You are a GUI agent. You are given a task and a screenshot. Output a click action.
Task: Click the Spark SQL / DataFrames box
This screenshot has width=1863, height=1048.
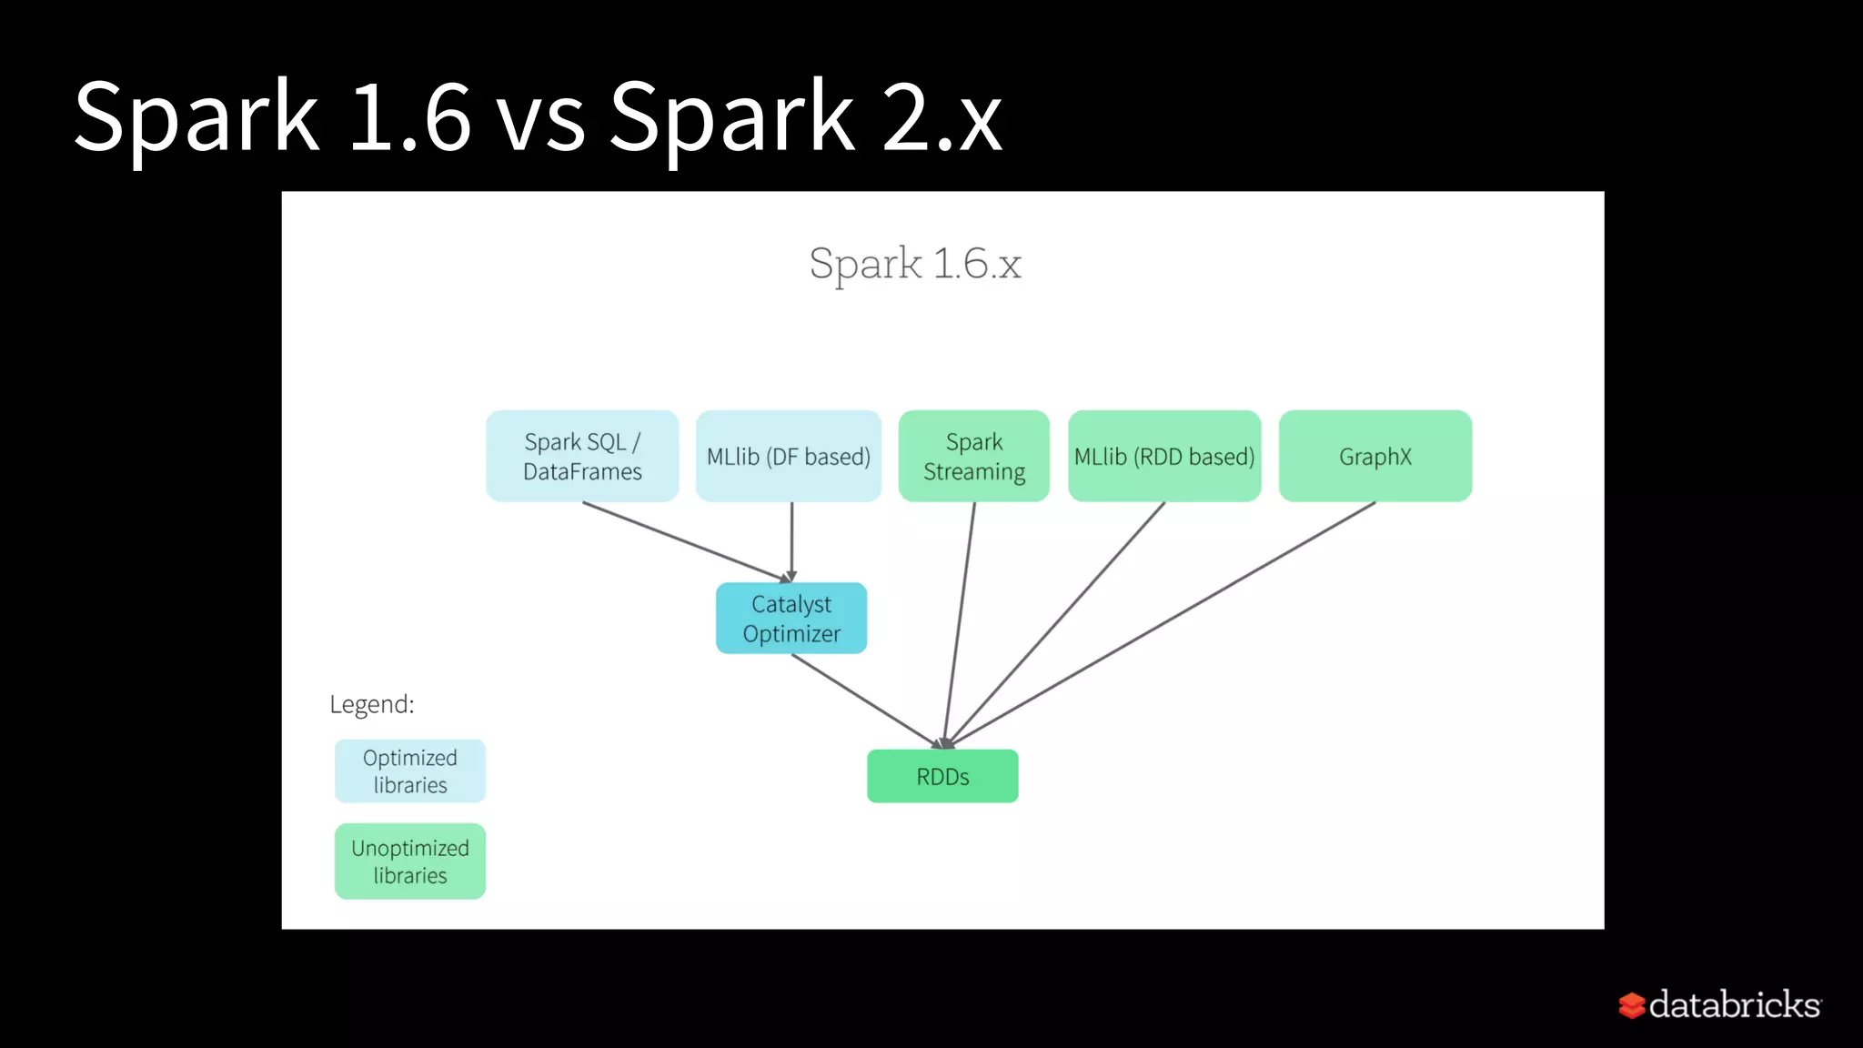pos(582,456)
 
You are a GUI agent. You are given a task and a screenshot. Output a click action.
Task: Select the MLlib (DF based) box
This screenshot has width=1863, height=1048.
pos(789,456)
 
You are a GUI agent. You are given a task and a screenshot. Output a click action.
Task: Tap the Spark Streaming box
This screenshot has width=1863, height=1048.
pos(974,456)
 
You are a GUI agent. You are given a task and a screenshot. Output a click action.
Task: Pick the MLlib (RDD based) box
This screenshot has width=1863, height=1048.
pos(1164,456)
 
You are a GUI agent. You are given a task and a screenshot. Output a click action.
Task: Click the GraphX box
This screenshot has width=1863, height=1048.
pos(1375,456)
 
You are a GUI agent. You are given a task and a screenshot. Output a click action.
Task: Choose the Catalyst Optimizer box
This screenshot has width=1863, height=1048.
pos(791,619)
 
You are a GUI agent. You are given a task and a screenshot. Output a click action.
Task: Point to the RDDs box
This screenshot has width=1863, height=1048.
pos(942,776)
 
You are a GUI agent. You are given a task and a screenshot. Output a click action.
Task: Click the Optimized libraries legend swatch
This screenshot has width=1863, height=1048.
pos(410,771)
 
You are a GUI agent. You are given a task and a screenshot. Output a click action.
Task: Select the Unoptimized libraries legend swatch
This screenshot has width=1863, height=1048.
pos(410,862)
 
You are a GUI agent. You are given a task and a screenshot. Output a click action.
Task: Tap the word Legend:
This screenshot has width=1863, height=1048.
pos(371,704)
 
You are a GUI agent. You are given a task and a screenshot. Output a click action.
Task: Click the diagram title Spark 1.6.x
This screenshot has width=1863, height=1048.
pos(915,264)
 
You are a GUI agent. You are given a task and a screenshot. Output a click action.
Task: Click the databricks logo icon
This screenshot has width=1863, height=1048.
pos(1631,1005)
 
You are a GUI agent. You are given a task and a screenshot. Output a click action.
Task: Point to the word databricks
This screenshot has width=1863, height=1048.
pos(1734,1004)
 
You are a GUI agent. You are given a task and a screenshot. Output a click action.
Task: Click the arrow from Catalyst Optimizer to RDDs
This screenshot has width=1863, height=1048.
pos(864,699)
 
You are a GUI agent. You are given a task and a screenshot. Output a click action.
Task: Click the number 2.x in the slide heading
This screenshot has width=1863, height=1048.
pos(942,116)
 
